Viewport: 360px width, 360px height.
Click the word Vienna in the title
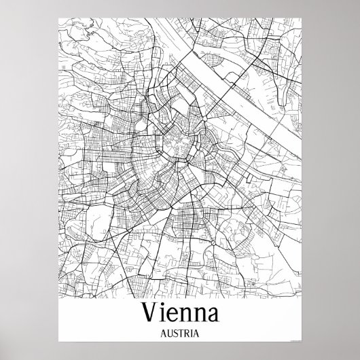point(179,314)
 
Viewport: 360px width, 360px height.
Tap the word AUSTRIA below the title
point(179,335)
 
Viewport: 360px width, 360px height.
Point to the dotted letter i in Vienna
point(164,314)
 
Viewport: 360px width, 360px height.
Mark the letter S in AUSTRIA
point(175,335)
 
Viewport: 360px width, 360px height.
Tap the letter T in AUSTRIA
point(181,335)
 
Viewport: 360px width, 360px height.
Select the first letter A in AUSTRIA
point(162,335)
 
